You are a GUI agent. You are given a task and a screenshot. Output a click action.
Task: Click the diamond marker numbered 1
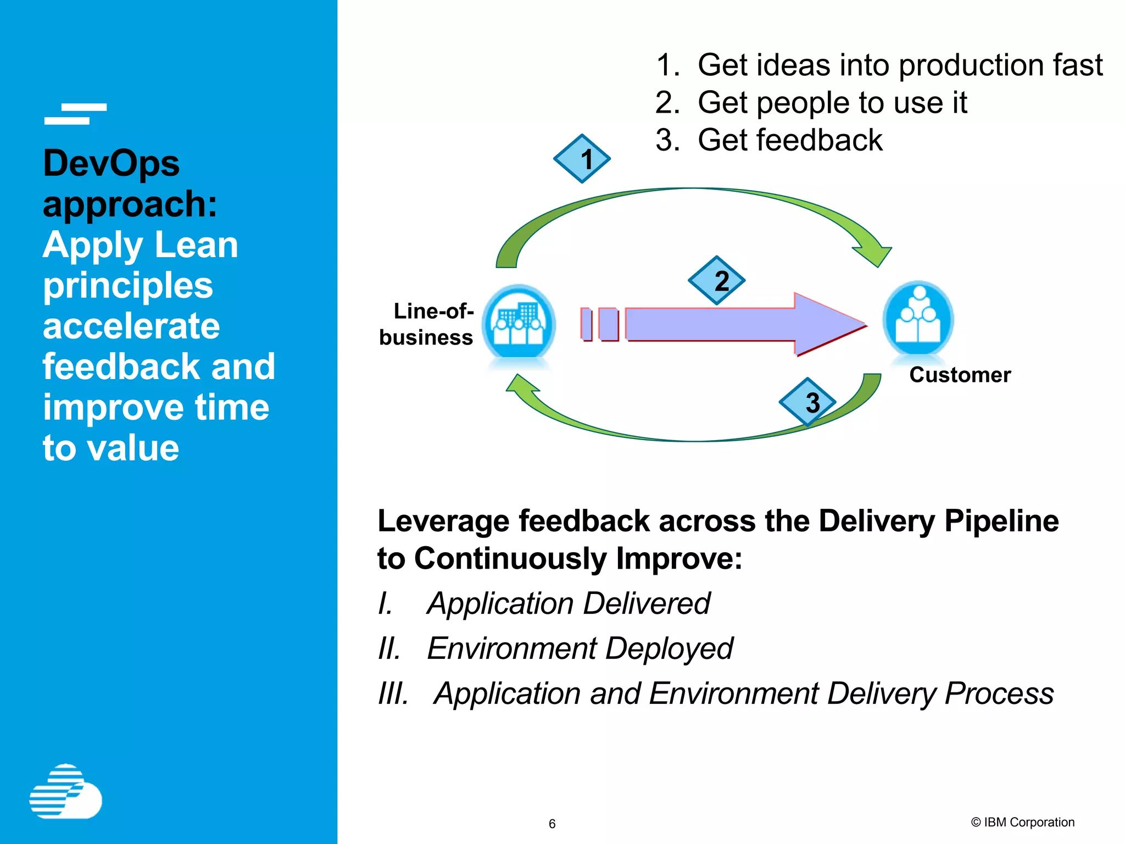pyautogui.click(x=582, y=159)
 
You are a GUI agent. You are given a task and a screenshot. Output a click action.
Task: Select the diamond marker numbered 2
pyautogui.click(x=716, y=281)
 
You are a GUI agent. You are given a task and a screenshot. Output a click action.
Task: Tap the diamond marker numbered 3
pyautogui.click(x=807, y=402)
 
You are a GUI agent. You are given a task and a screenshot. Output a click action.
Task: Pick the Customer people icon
pyautogui.click(x=918, y=319)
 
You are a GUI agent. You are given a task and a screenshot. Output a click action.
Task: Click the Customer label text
pyautogui.click(x=960, y=375)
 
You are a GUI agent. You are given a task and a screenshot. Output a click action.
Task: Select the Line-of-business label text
pyautogui.click(x=426, y=324)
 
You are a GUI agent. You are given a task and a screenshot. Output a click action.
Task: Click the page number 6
pyautogui.click(x=552, y=824)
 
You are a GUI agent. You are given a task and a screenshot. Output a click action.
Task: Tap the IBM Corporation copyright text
pyautogui.click(x=1022, y=822)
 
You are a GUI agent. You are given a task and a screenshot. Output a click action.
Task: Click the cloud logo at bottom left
pyautogui.click(x=66, y=792)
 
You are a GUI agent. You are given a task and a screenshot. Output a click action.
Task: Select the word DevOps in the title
pyautogui.click(x=111, y=163)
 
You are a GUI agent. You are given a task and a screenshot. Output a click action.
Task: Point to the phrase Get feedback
pyautogui.click(x=789, y=140)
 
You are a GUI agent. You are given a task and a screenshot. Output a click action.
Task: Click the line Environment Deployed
pyautogui.click(x=580, y=648)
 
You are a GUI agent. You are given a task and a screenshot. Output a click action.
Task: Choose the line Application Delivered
pyautogui.click(x=568, y=603)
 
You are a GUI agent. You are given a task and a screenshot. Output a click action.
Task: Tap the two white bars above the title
pyautogui.click(x=75, y=114)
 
